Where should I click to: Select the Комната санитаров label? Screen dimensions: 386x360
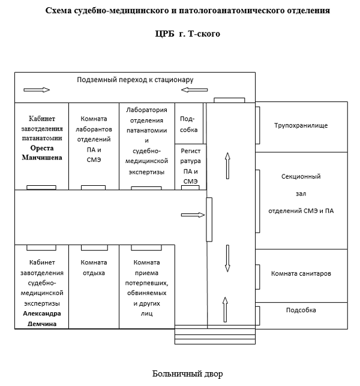(x=301, y=273)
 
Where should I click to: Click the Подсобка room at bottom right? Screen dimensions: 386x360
(x=301, y=310)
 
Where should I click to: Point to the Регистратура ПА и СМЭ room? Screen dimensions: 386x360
(x=190, y=166)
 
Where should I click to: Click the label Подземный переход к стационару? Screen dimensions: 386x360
(x=135, y=80)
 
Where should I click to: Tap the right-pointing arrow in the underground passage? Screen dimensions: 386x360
(x=36, y=90)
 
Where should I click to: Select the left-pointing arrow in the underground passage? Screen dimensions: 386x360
(x=193, y=90)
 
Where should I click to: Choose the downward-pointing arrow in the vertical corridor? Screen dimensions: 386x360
(x=227, y=258)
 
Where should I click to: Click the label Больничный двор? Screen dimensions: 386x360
(x=187, y=374)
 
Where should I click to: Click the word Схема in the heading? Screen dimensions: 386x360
(x=62, y=11)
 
